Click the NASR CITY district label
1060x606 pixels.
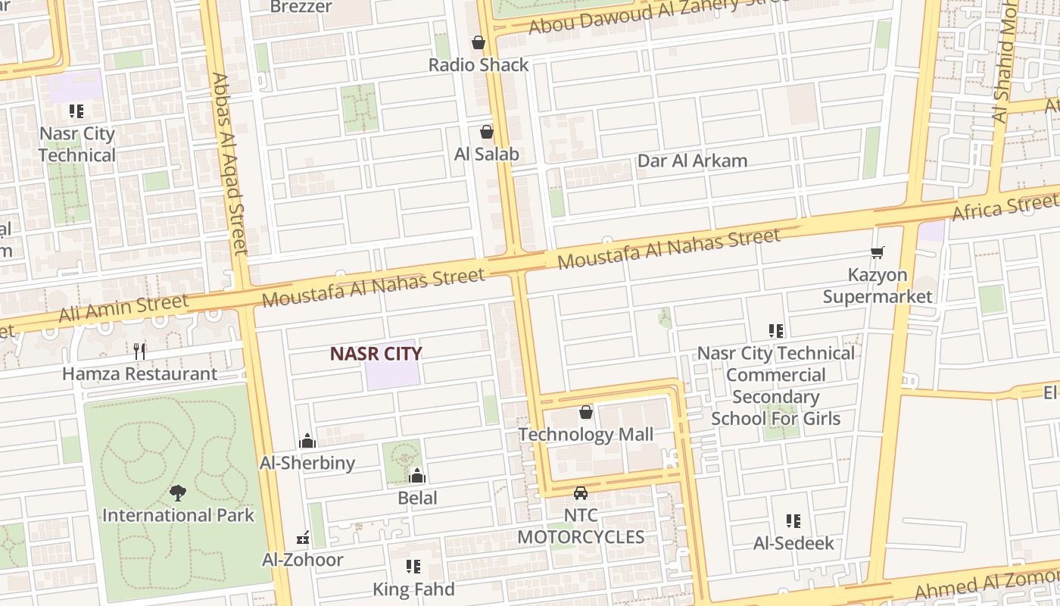click(376, 353)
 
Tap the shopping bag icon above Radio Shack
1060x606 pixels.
click(479, 42)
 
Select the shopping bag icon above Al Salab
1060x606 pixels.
click(487, 132)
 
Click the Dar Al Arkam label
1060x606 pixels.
click(692, 161)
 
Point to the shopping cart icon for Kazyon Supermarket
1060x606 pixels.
click(878, 252)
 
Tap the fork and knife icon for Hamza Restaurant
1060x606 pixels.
click(139, 351)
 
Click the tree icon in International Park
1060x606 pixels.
click(178, 493)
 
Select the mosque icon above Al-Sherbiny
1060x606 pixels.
click(307, 440)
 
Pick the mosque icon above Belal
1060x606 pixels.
click(417, 476)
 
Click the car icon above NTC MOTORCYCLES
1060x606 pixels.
click(581, 493)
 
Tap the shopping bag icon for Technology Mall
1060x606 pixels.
click(586, 412)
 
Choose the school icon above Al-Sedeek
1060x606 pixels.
click(793, 521)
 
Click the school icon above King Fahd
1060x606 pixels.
click(413, 567)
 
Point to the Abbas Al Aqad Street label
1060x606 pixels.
click(230, 163)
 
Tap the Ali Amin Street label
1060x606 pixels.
click(123, 308)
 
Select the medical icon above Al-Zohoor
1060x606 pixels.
click(303, 538)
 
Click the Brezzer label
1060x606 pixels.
click(301, 7)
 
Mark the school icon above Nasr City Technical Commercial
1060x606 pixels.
click(776, 331)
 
